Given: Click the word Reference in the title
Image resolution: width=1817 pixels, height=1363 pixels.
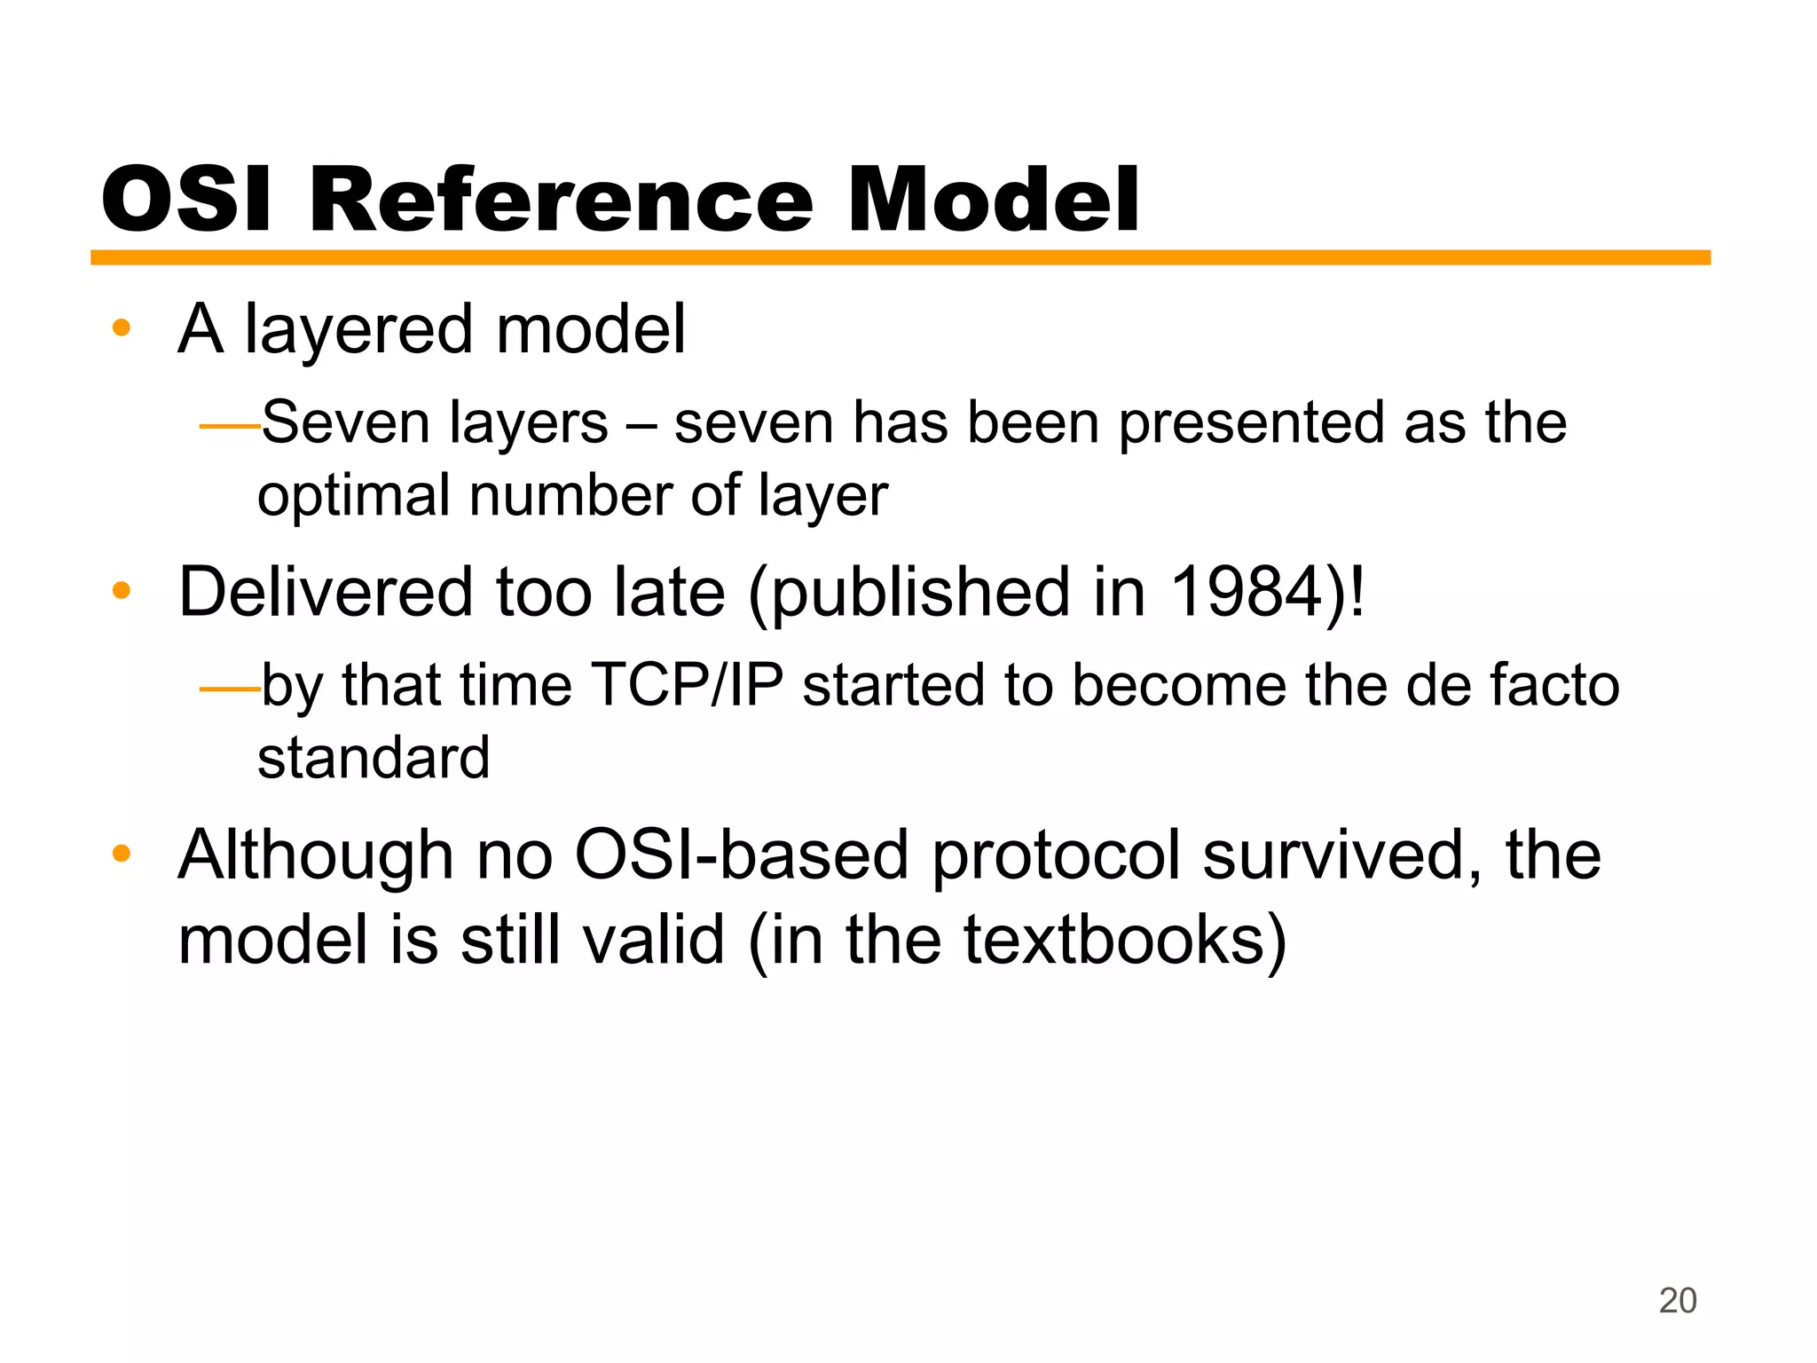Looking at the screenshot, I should (x=561, y=201).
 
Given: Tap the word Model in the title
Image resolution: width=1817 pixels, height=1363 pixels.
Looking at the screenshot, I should (x=993, y=201).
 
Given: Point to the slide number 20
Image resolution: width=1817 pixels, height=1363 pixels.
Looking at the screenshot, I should (x=1677, y=1301).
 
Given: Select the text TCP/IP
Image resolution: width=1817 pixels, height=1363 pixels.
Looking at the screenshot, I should (x=687, y=685).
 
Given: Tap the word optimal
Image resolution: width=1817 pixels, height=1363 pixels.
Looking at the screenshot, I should (x=353, y=497).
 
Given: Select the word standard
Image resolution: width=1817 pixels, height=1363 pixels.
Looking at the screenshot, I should (x=374, y=758).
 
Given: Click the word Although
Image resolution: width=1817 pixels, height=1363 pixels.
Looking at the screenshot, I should (x=316, y=855).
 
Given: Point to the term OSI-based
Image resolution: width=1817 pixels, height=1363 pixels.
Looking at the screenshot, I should (x=742, y=855).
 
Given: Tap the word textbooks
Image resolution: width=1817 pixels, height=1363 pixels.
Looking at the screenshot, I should (x=1113, y=941).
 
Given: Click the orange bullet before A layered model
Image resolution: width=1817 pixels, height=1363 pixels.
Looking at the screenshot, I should (x=122, y=329).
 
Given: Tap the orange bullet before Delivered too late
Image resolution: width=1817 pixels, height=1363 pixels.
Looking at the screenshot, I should (x=122, y=591).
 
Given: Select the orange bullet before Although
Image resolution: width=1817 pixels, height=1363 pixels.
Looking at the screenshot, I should (x=122, y=854).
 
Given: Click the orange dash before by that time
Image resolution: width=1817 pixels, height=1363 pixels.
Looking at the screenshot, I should (x=229, y=689).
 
